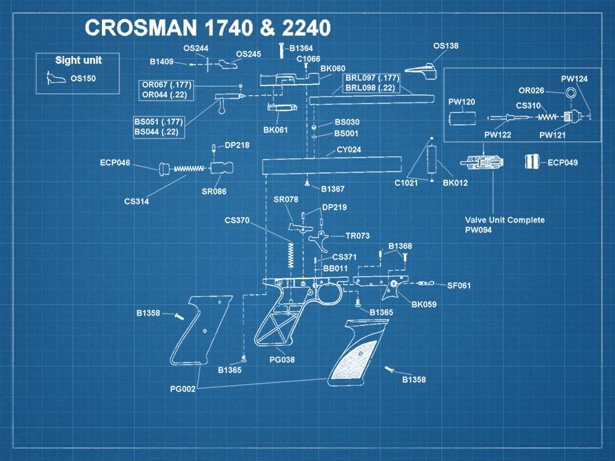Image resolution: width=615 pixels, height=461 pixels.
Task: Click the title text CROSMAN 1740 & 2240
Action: coord(208,28)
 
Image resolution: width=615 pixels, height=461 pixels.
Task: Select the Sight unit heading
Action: coord(78,61)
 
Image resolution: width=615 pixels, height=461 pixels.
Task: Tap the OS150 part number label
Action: coord(83,79)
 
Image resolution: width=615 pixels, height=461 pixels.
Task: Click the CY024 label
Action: coord(349,150)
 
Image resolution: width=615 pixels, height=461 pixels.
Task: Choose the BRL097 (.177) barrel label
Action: coord(372,78)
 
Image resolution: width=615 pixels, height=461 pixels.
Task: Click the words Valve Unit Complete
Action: coord(505,220)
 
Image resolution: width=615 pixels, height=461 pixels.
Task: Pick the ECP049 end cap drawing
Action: coord(532,162)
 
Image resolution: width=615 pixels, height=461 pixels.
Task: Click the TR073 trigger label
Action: coord(357,236)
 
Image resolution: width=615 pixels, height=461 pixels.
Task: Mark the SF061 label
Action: coord(458,285)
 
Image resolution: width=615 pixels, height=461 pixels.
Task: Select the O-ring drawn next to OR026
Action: coord(571,93)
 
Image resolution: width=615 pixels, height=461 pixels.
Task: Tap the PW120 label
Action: coord(461,102)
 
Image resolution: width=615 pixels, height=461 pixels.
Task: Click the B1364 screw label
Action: coord(301,48)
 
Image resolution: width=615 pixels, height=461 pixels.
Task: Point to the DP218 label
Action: coord(237,145)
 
